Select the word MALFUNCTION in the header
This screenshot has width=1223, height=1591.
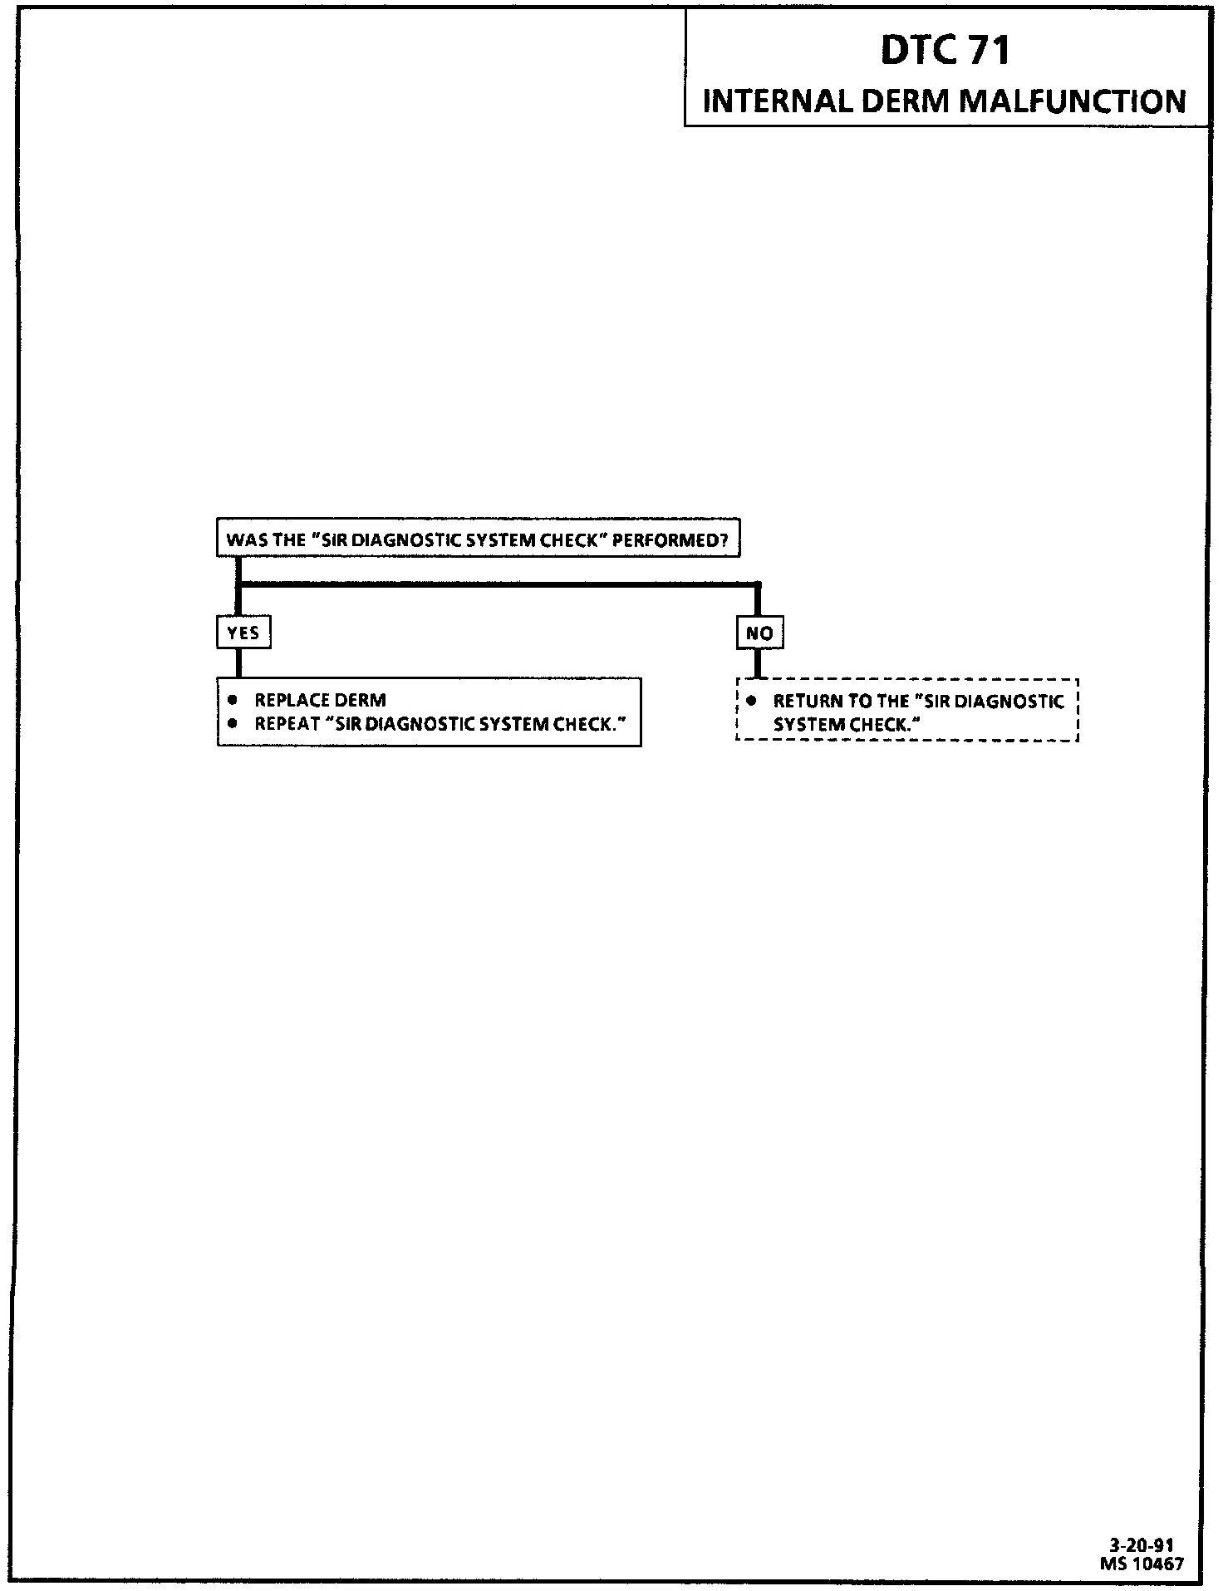tap(1073, 101)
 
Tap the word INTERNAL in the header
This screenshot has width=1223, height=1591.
tap(778, 101)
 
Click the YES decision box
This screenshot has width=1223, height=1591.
tap(243, 633)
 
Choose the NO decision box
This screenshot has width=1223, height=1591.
tap(759, 633)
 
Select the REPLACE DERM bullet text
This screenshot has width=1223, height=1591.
tap(320, 700)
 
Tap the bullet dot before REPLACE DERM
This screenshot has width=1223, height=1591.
tap(233, 699)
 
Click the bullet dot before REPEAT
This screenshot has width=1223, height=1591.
tap(233, 722)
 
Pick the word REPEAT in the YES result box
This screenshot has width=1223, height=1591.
tap(287, 723)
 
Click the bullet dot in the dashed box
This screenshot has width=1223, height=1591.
tap(751, 700)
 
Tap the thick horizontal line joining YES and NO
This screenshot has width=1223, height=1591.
tap(499, 585)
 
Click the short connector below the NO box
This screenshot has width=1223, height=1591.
tap(756, 663)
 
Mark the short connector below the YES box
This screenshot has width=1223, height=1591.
tap(238, 663)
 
